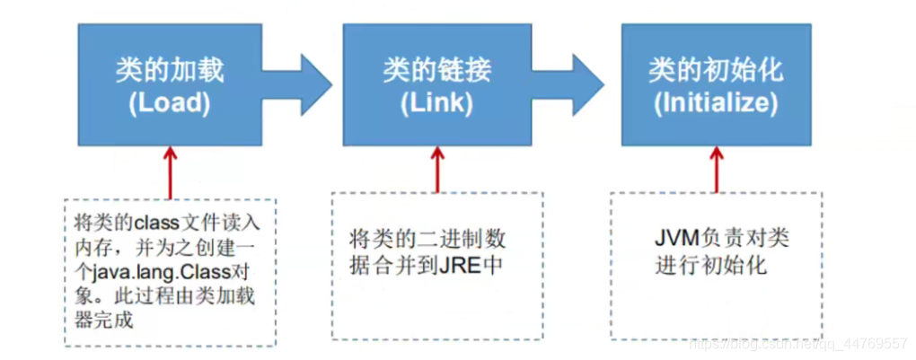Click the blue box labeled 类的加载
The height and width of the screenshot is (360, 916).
[x=170, y=85]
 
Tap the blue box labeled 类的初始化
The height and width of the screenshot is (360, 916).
[x=716, y=85]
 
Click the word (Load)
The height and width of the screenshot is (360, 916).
[x=170, y=103]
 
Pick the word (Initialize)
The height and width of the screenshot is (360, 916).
[x=716, y=103]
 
